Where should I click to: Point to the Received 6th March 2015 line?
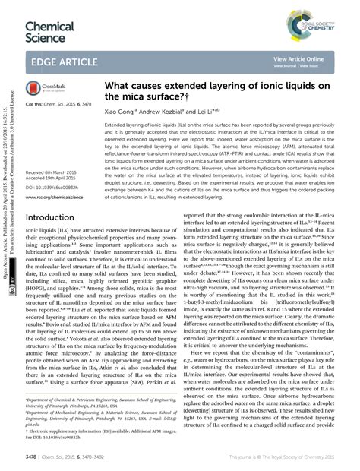coord(49,173)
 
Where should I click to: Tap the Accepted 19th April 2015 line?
coord(50,179)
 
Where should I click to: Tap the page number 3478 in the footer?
coord(31,457)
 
